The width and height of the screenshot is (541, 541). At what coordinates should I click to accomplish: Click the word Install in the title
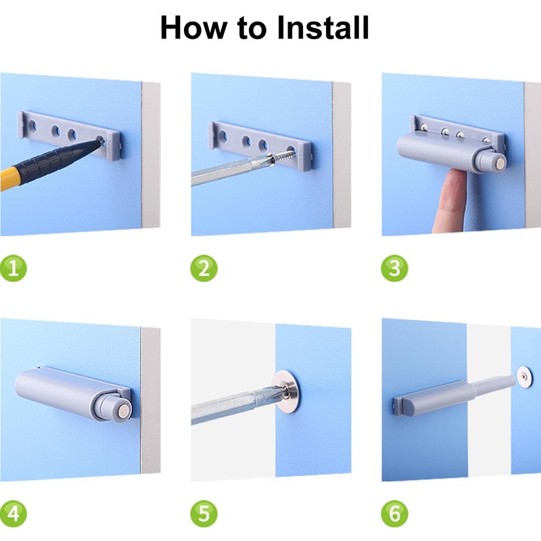click(323, 28)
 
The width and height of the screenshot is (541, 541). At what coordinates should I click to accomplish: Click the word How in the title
click(194, 28)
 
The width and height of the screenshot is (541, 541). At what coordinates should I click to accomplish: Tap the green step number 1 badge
click(14, 268)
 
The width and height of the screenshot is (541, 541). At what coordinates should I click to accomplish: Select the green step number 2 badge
click(204, 268)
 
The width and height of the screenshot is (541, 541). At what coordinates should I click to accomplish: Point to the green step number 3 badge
click(394, 268)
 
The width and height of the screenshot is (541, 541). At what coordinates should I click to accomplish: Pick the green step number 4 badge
click(14, 514)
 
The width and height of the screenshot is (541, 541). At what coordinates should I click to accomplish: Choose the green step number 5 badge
click(204, 514)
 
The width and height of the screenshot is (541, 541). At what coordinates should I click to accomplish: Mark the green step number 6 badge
click(394, 514)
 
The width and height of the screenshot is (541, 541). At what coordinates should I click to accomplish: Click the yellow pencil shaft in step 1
click(10, 178)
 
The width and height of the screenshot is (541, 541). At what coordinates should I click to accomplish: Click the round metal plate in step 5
click(285, 392)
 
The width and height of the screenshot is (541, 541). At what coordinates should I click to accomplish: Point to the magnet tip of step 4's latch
click(124, 410)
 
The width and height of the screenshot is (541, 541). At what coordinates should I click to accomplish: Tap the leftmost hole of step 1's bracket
click(32, 125)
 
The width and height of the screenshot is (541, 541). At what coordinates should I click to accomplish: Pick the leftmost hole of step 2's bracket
click(223, 136)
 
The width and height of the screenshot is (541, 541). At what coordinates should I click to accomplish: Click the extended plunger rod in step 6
click(494, 385)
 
